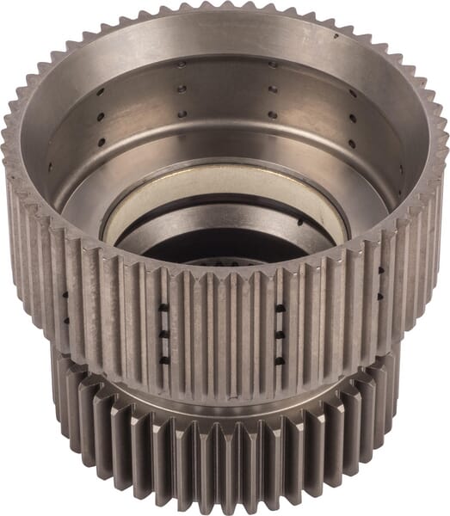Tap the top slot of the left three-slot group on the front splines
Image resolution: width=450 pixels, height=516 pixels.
[164, 307]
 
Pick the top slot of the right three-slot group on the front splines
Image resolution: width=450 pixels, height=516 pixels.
[280, 307]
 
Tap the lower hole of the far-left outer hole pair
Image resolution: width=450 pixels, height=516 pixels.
[65, 320]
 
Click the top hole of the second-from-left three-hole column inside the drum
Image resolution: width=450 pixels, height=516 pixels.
[182, 64]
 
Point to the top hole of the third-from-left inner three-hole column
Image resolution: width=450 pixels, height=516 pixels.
[272, 64]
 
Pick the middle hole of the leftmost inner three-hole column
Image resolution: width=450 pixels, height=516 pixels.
[100, 116]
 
